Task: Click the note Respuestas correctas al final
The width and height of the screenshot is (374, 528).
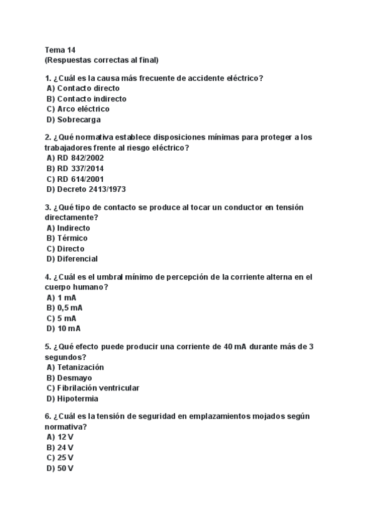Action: point(102,60)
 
